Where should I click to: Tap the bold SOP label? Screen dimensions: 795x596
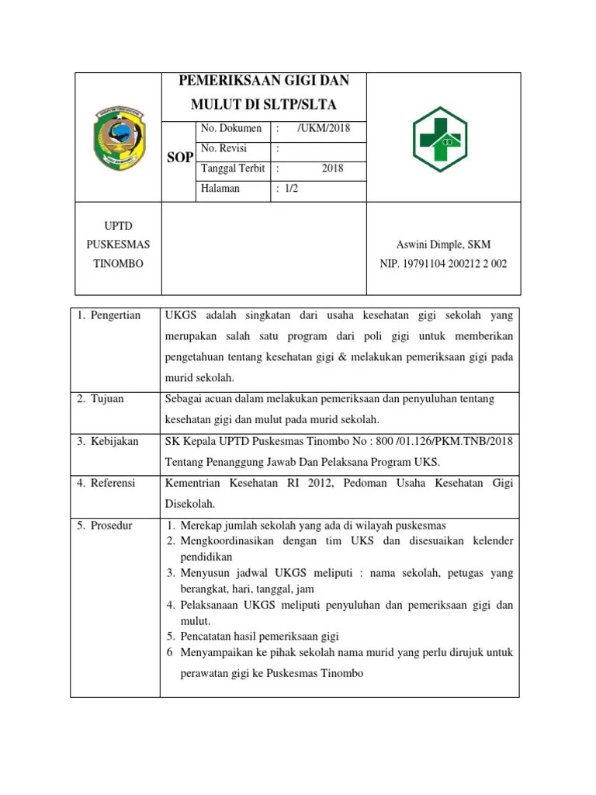point(180,158)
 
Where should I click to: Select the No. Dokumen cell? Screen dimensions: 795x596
point(230,128)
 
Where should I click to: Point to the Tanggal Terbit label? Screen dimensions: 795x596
point(233,168)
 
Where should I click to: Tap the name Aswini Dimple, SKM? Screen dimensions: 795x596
point(443,245)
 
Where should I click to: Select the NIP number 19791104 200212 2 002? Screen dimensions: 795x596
point(443,264)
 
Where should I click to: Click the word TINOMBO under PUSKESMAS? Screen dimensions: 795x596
point(117,264)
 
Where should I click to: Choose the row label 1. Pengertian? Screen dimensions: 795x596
point(109,315)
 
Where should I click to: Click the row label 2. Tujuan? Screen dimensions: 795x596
point(101,399)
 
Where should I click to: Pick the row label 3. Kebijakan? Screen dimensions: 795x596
point(107,441)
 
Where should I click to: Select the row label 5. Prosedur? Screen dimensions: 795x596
point(105,526)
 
